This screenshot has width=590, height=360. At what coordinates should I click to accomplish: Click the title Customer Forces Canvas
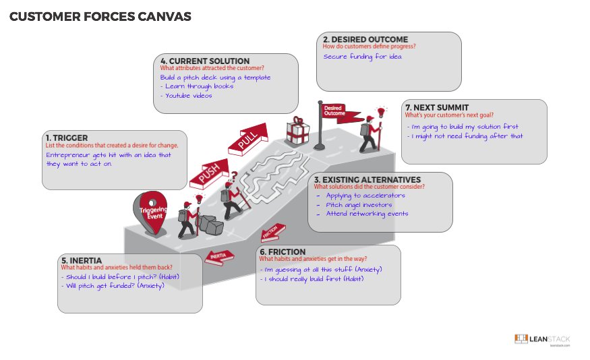100,17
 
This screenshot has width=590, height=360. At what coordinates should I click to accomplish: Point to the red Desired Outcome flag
331,111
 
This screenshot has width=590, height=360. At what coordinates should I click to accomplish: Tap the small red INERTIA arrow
219,256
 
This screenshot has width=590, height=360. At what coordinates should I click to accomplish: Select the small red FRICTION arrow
271,233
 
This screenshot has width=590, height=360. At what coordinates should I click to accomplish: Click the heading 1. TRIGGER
67,138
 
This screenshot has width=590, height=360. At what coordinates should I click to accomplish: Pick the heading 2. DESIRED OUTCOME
365,40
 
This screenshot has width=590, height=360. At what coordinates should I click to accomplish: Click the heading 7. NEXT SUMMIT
436,107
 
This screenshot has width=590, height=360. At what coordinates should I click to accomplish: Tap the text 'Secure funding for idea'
362,57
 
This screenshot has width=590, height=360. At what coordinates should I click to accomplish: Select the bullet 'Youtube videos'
186,95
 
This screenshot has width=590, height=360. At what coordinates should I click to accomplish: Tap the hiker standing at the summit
370,132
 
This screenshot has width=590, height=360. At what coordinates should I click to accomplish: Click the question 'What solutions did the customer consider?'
369,187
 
